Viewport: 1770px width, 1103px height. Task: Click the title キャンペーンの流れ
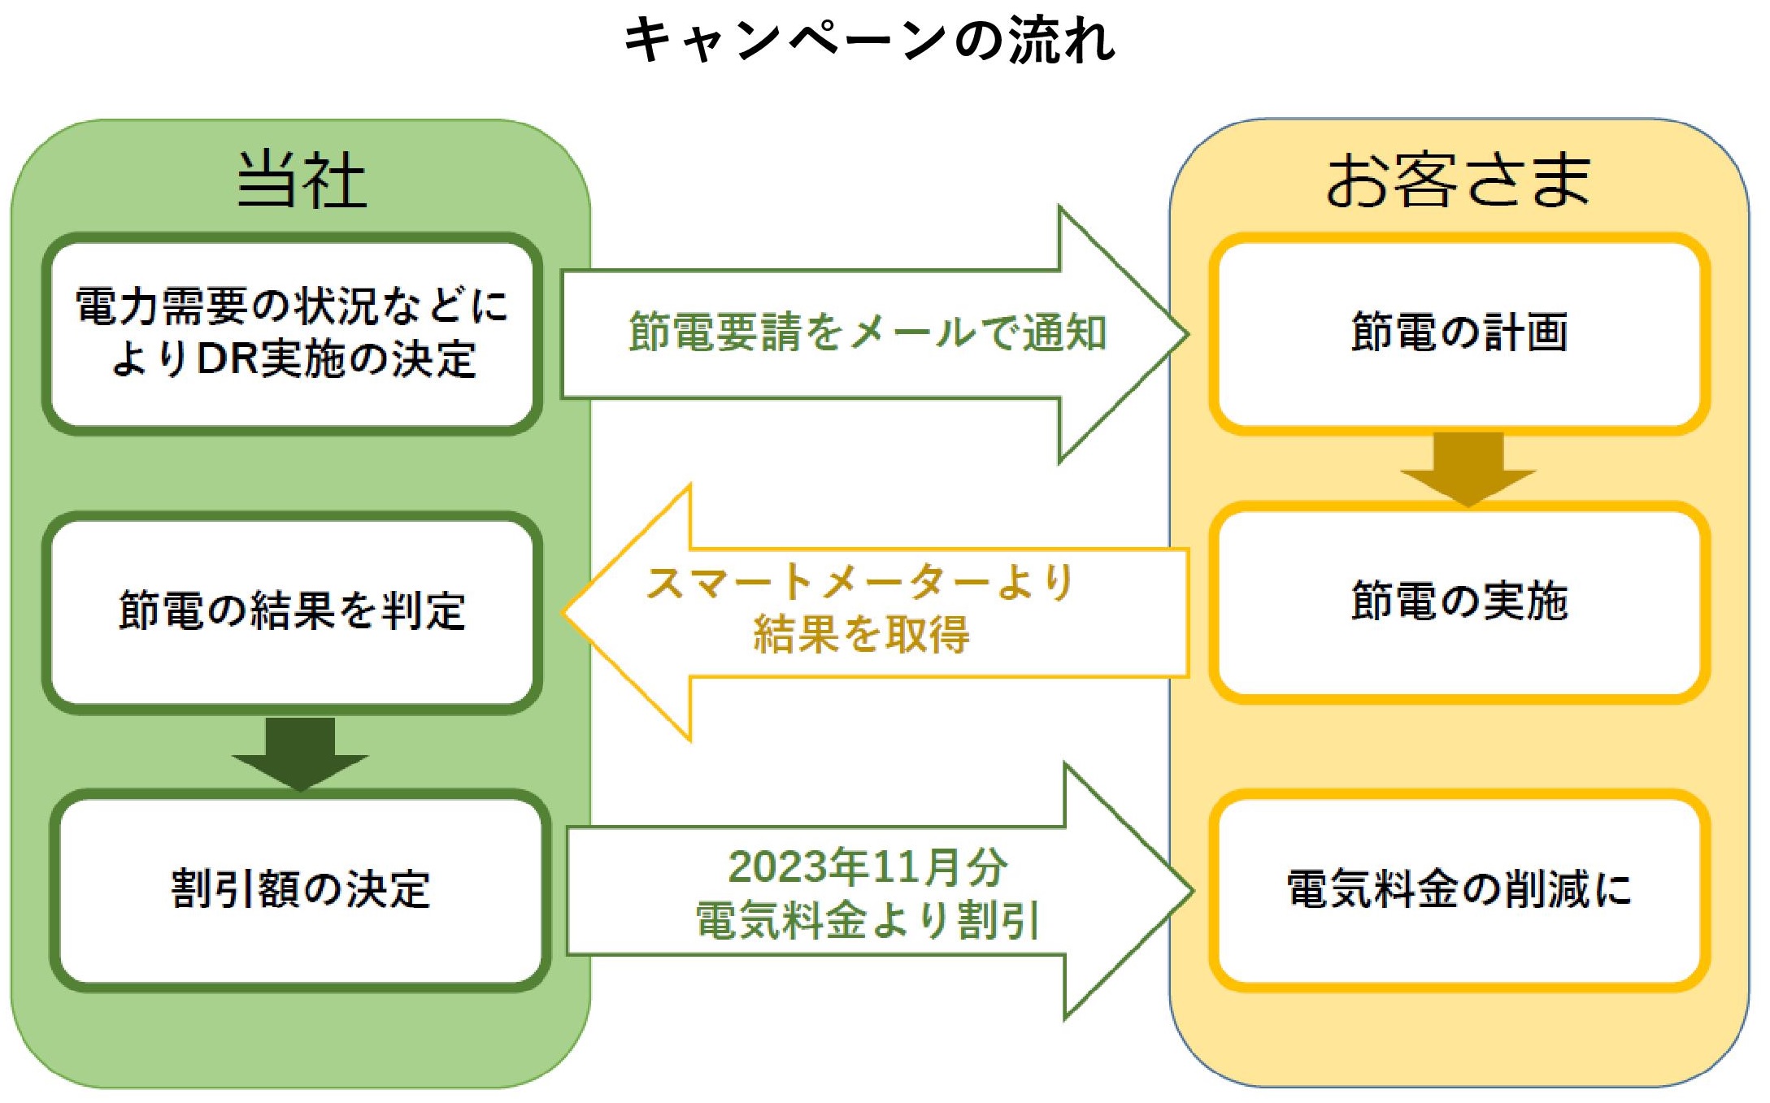870,40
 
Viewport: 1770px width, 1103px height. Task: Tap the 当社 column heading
302,180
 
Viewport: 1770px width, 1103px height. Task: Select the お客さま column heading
1458,180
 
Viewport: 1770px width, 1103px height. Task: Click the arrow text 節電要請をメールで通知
868,332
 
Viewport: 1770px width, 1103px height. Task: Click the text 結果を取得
861,634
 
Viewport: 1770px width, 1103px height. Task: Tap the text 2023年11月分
868,866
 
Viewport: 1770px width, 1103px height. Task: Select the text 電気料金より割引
868,920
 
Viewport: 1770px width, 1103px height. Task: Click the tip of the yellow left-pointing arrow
563,612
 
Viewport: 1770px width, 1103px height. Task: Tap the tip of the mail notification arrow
1189,334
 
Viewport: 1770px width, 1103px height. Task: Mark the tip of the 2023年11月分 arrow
1193,891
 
